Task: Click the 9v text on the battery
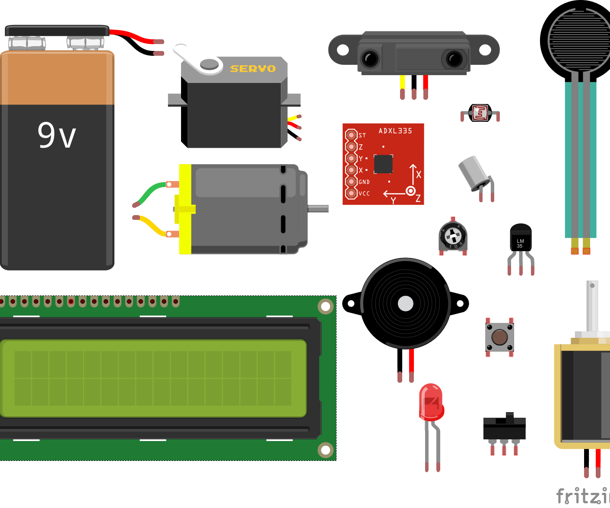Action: (57, 135)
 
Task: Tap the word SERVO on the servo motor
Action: (253, 69)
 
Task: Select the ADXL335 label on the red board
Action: (395, 131)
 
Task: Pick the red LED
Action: (431, 402)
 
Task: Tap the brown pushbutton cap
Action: (499, 337)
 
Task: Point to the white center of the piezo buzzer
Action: (405, 304)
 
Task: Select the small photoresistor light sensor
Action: (480, 113)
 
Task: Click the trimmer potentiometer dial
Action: (453, 236)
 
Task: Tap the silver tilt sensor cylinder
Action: (473, 172)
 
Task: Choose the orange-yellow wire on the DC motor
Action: (151, 226)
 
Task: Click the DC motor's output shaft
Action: (318, 209)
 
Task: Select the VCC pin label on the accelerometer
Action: (364, 194)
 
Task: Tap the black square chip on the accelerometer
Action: (383, 164)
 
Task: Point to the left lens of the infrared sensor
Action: (370, 59)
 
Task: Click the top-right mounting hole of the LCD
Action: (325, 307)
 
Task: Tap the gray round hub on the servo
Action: (210, 64)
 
